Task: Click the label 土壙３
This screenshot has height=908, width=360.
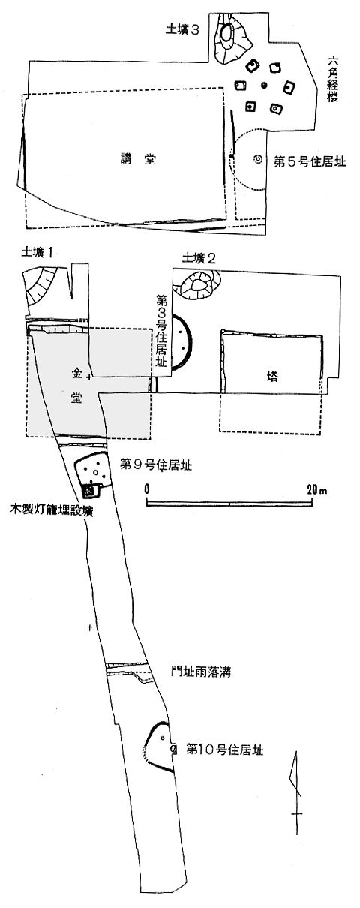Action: click(181, 30)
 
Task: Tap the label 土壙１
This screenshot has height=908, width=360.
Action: click(37, 253)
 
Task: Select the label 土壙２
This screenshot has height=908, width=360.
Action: click(199, 258)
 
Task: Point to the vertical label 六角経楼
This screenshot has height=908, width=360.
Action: click(332, 79)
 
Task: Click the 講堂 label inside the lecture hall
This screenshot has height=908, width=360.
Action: click(139, 159)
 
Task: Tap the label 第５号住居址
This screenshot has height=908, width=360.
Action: click(310, 162)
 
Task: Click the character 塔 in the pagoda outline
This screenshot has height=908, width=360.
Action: click(272, 377)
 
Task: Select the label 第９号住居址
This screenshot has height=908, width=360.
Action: click(156, 465)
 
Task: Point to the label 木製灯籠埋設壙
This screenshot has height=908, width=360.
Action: click(52, 510)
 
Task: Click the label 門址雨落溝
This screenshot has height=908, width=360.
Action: click(201, 672)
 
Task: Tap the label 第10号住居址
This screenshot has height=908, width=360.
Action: click(225, 750)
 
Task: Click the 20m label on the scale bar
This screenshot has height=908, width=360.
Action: click(317, 490)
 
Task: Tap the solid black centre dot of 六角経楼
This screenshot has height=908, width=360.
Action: click(264, 85)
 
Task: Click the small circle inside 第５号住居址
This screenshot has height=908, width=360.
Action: click(256, 159)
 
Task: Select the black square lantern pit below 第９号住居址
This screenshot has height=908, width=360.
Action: click(89, 491)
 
